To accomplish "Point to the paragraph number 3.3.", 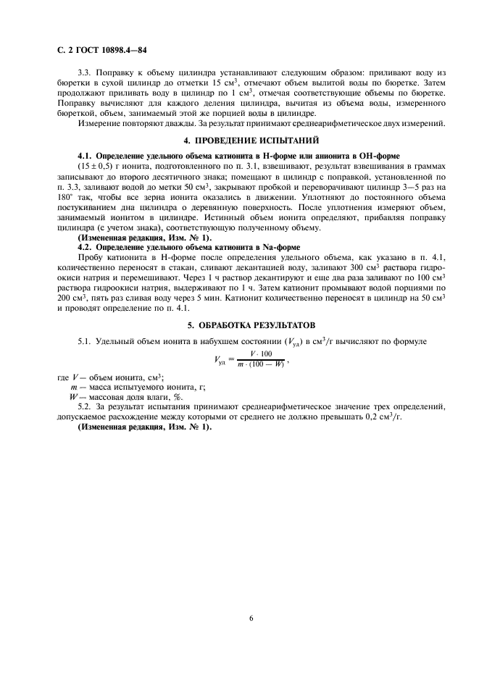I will click(x=85, y=75).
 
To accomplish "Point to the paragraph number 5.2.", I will click(x=85, y=407).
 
